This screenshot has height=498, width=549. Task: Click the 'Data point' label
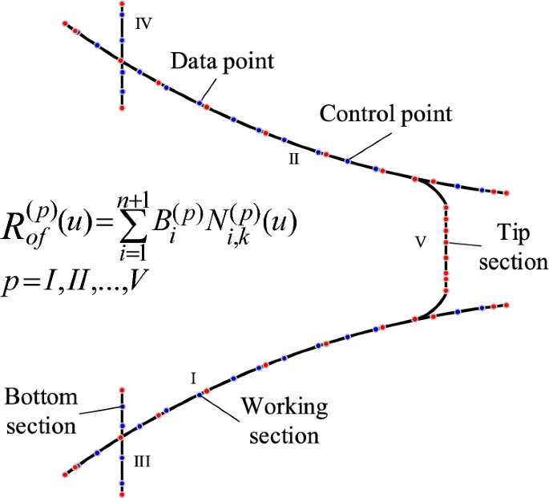[223, 61]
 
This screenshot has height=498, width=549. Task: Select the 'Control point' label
[386, 114]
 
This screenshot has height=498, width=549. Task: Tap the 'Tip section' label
[512, 247]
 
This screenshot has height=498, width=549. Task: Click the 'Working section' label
[284, 421]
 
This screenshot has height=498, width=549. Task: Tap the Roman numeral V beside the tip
[418, 240]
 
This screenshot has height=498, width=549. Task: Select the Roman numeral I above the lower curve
[193, 375]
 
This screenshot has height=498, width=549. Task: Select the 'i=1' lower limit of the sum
[131, 254]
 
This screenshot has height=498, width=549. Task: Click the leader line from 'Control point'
[365, 144]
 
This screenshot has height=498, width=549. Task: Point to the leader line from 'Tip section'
[470, 241]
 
